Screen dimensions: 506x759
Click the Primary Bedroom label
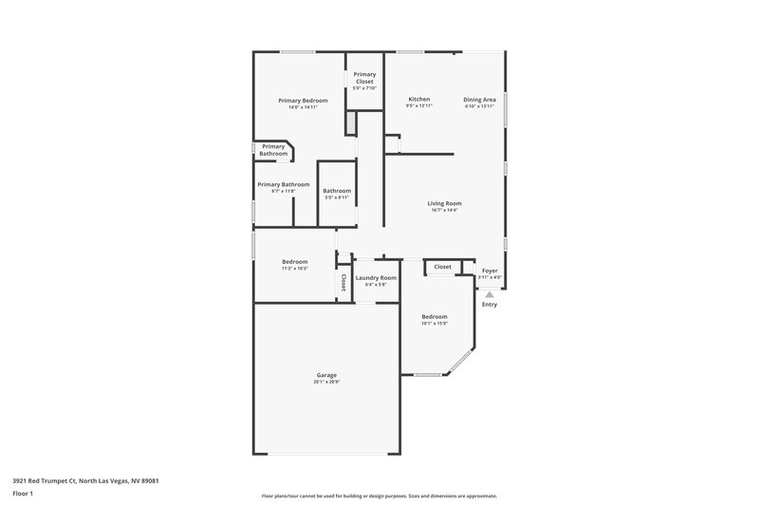pyautogui.click(x=303, y=100)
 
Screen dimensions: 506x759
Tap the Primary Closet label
pyautogui.click(x=364, y=78)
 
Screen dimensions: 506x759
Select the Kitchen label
pyautogui.click(x=419, y=99)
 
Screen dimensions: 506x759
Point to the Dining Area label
pyautogui.click(x=479, y=99)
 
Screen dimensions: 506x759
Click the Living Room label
pyautogui.click(x=444, y=203)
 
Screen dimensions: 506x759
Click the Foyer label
pyautogui.click(x=490, y=271)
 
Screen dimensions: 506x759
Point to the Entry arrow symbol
pyautogui.click(x=490, y=294)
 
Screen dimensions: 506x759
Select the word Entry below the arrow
pyautogui.click(x=490, y=305)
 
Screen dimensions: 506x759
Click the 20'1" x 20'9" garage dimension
pyautogui.click(x=326, y=382)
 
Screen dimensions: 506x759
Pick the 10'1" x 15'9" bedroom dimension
pyautogui.click(x=435, y=324)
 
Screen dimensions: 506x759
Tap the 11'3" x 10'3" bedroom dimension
pyautogui.click(x=295, y=269)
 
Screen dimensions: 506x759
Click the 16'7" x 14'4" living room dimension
pyautogui.click(x=444, y=211)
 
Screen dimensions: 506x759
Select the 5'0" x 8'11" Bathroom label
pyautogui.click(x=337, y=191)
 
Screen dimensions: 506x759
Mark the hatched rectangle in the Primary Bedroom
pyautogui.click(x=351, y=124)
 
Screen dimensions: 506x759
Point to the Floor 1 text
pyautogui.click(x=23, y=494)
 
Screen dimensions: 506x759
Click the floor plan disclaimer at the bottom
pyautogui.click(x=379, y=496)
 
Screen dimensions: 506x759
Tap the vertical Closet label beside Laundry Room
pyautogui.click(x=342, y=282)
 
